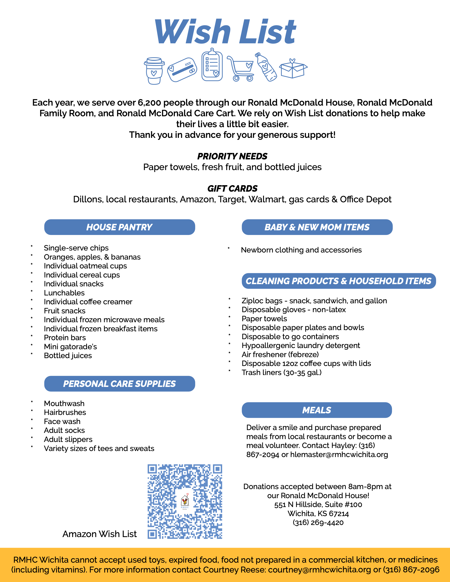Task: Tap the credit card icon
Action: pyautogui.click(x=182, y=70)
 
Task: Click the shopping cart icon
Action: pyautogui.click(x=241, y=69)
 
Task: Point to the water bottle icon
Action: pyautogui.click(x=266, y=67)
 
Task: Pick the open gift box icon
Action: pyautogui.click(x=293, y=69)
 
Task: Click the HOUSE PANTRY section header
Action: pyautogui.click(x=119, y=227)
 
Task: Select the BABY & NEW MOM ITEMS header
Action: pyautogui.click(x=317, y=227)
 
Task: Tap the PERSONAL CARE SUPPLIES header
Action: pyautogui.click(x=119, y=384)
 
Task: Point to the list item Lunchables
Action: pyautogui.click(x=64, y=293)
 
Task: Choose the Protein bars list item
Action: pyautogui.click(x=65, y=338)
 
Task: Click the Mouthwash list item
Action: pyautogui.click(x=64, y=403)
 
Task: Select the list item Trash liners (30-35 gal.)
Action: pyautogui.click(x=281, y=373)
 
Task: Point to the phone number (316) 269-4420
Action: pyautogui.click(x=318, y=523)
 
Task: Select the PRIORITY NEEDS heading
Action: pyautogui.click(x=232, y=156)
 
